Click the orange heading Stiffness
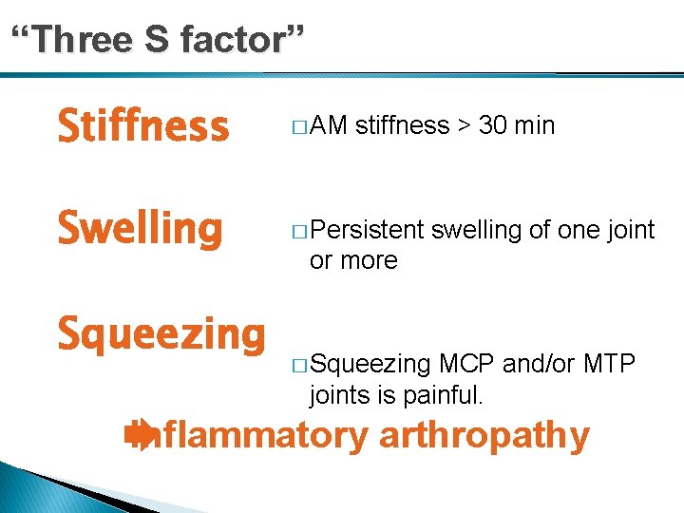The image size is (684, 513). coord(143,126)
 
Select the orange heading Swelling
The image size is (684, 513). coord(141,228)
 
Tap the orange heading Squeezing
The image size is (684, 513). coord(161,335)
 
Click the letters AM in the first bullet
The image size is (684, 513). coord(329,125)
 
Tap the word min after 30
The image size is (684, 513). coord(536,125)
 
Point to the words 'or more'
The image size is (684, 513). coord(353,260)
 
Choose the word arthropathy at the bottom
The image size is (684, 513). coord(484,436)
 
